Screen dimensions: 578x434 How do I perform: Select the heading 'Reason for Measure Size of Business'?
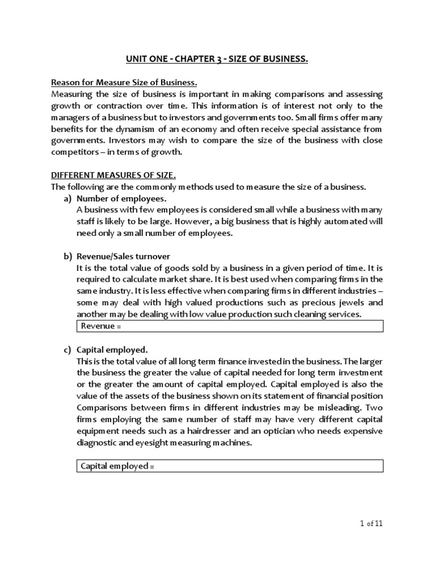click(124, 84)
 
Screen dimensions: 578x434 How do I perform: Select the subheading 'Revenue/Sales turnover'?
click(123, 257)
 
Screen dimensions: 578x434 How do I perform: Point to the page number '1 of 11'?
click(371, 523)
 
